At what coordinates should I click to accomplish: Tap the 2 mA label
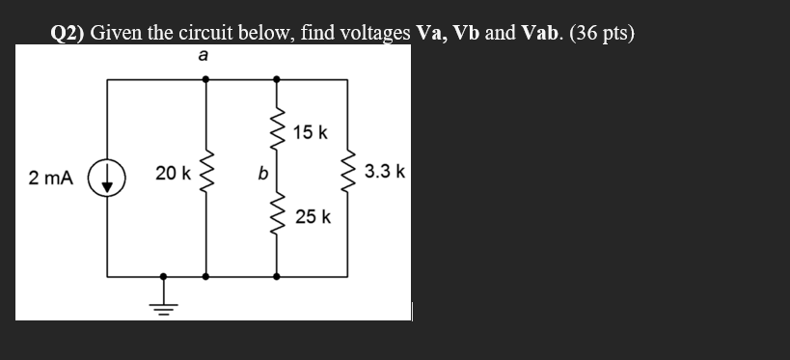coord(50,178)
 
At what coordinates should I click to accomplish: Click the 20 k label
coord(173,174)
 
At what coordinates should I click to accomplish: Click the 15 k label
coord(311,131)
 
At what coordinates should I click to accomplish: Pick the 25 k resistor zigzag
coord(278,218)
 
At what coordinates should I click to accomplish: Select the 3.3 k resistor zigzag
coord(348,174)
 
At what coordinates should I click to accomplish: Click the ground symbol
coord(163,303)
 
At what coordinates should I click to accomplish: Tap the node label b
coord(261,175)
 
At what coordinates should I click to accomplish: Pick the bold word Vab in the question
coord(540,34)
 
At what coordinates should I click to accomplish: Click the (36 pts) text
coord(602,34)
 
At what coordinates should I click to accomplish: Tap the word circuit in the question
coord(208,34)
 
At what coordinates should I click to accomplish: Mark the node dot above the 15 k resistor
coord(278,79)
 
